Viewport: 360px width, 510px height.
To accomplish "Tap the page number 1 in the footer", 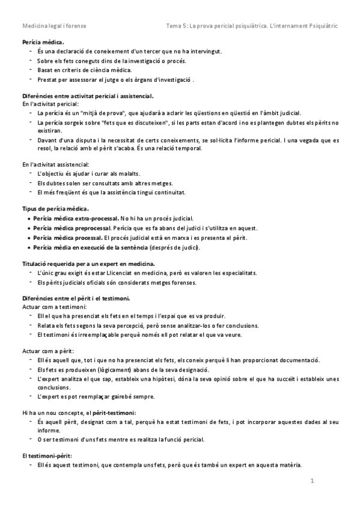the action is coord(313,481).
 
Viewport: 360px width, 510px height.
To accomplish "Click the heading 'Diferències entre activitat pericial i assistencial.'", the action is coord(88,96).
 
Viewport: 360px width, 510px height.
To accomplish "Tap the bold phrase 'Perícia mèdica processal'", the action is coord(68,238).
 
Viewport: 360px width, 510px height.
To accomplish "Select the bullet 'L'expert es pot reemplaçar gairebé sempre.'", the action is coord(96,397).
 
